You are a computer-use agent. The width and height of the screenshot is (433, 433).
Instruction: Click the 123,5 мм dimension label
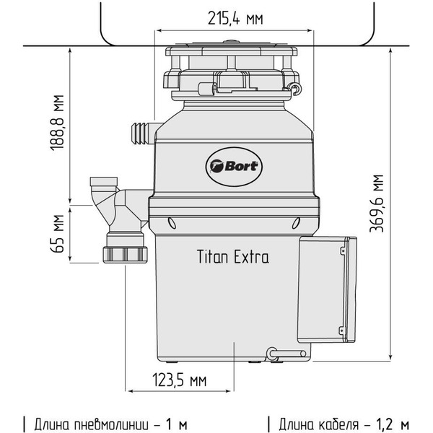coord(178,380)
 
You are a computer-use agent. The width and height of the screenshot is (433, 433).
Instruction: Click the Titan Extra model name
coord(232,257)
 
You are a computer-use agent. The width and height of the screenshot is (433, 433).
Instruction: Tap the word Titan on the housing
coord(212,257)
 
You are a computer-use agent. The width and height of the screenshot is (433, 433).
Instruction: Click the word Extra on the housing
coord(251,257)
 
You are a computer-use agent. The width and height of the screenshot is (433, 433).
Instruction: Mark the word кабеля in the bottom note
coord(342,421)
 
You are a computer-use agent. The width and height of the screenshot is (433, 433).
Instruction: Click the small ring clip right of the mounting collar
coord(295,88)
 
